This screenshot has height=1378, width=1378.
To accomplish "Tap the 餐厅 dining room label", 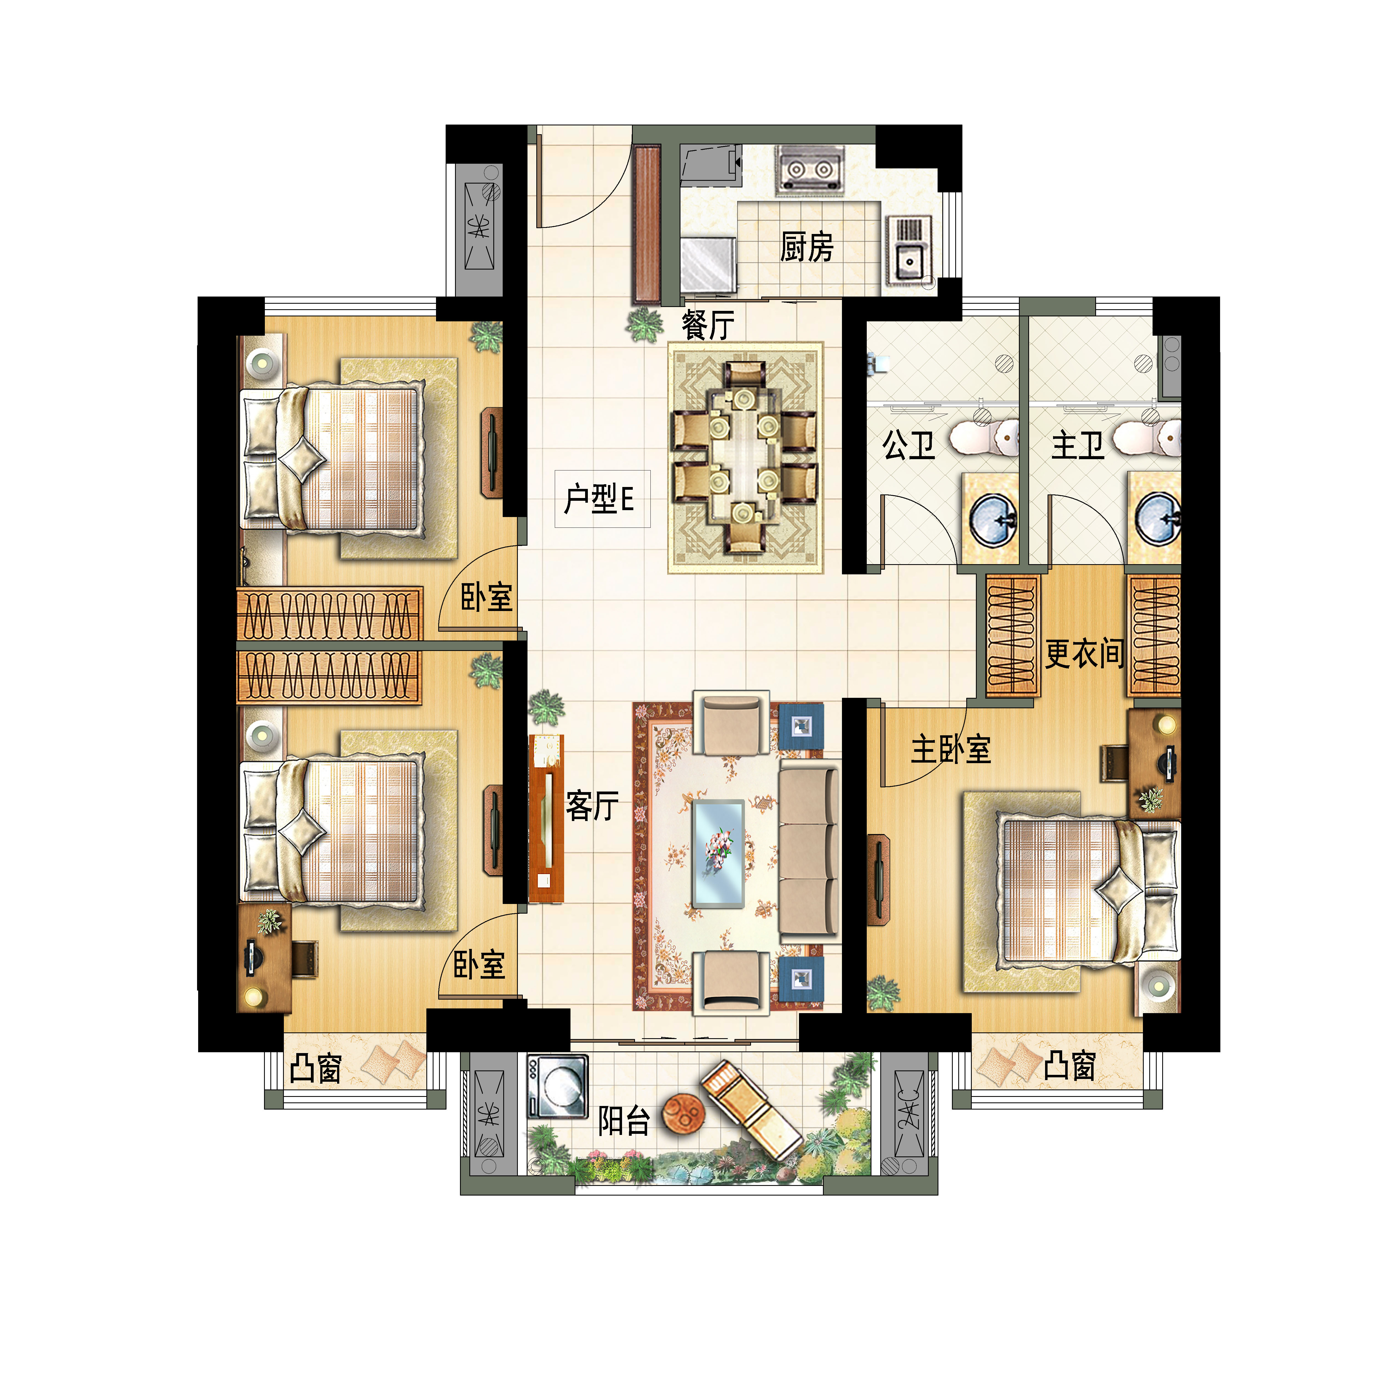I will [x=707, y=325].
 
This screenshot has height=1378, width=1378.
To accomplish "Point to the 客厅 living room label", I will [x=592, y=806].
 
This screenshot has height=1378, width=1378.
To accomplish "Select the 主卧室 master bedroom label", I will [x=951, y=749].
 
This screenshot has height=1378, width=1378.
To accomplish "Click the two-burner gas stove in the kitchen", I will [x=809, y=170].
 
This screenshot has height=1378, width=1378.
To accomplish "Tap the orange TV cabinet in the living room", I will [x=546, y=819].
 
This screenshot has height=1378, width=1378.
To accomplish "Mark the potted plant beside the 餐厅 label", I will [x=645, y=325].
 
